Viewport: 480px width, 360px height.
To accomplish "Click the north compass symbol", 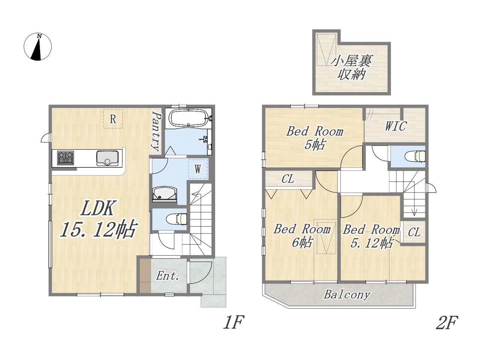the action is pyautogui.click(x=37, y=47).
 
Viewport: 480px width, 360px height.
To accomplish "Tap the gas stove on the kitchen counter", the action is pyautogui.click(x=66, y=158).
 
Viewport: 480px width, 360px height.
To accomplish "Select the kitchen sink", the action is pyautogui.click(x=107, y=158).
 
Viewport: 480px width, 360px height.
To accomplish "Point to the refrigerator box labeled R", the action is pyautogui.click(x=113, y=119).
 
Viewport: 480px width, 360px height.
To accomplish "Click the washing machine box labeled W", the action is pyautogui.click(x=198, y=169).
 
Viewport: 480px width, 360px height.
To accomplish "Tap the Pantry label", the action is pyautogui.click(x=157, y=131).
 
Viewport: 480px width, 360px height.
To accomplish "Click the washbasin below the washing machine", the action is pyautogui.click(x=164, y=194).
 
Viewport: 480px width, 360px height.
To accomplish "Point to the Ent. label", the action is pyautogui.click(x=167, y=276).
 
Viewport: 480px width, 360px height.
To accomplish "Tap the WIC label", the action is pyautogui.click(x=396, y=126).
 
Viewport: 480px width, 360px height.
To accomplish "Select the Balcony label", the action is pyautogui.click(x=347, y=294).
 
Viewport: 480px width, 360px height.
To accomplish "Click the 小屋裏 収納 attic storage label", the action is pyautogui.click(x=351, y=67).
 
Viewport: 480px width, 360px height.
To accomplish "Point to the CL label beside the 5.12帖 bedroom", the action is pyautogui.click(x=414, y=232).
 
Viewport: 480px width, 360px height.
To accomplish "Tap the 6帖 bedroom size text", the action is pyautogui.click(x=302, y=243).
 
